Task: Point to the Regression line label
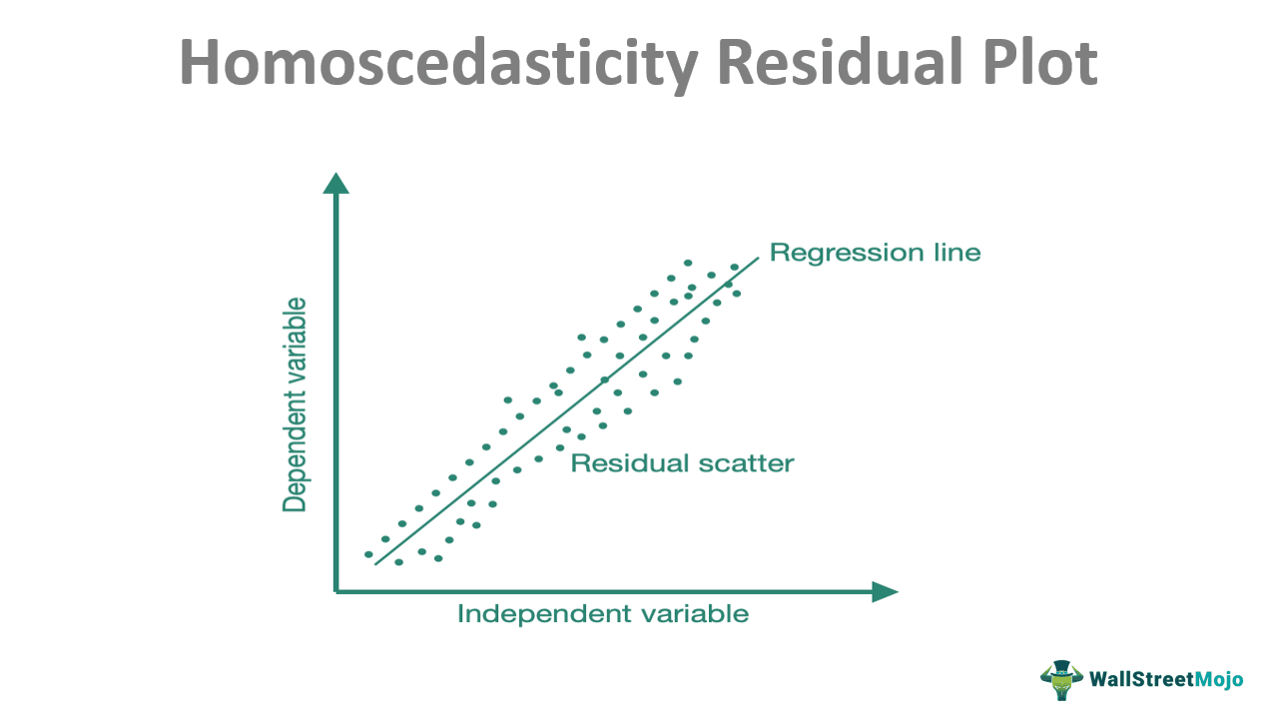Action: [875, 253]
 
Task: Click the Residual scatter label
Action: [682, 463]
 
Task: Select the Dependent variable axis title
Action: [295, 404]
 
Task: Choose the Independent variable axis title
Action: [602, 613]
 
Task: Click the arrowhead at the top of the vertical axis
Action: [336, 183]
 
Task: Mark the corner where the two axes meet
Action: [336, 592]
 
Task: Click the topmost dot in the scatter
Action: [688, 264]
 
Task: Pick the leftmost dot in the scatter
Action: [368, 554]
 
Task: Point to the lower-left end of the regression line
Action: [375, 564]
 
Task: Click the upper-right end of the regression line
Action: [758, 258]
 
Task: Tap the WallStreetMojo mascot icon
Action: [1060, 679]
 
